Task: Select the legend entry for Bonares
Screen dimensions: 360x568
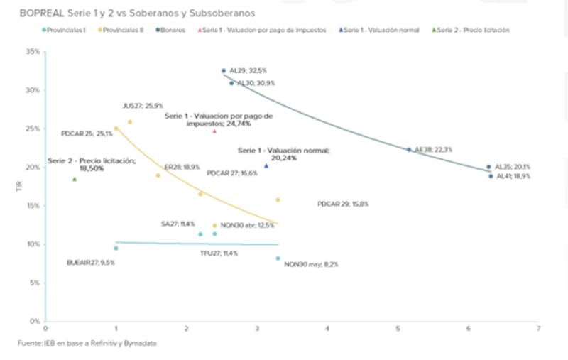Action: (172, 30)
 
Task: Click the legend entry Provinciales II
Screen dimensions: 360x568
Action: (121, 30)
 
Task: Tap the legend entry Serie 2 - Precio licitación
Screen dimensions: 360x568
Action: (473, 30)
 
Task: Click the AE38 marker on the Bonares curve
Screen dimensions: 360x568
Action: (409, 150)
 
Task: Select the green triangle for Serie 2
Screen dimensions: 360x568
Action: (75, 179)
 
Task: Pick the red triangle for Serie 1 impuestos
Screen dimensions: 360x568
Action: (214, 131)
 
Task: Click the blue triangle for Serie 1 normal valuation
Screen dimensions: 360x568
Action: (266, 166)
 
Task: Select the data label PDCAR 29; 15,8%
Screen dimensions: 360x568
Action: (342, 204)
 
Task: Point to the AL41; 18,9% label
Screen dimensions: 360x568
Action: (513, 176)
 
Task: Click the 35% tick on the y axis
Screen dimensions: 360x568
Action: (32, 52)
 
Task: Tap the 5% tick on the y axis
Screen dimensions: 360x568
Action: (34, 283)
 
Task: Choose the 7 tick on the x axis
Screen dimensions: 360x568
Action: (539, 329)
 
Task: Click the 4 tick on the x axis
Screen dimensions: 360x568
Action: (327, 329)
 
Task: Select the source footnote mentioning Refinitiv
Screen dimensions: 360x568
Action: (87, 344)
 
